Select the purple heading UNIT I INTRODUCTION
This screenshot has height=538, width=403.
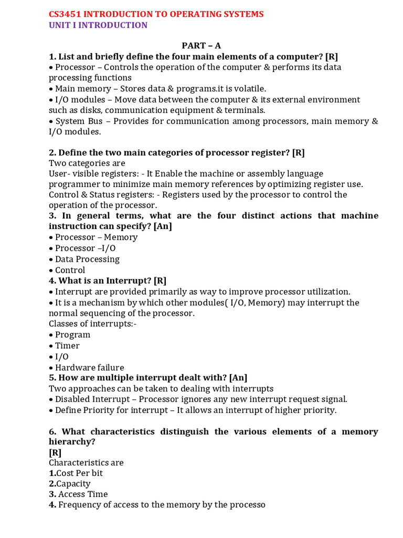98,25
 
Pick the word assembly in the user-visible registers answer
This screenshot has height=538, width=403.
261,173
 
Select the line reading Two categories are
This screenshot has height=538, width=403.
87,163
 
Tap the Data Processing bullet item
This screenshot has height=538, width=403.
87,259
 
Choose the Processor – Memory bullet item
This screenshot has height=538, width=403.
96,237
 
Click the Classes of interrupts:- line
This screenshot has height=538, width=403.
92,324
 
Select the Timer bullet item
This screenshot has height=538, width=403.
67,346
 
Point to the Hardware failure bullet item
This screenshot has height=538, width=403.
89,368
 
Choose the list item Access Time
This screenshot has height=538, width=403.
83,494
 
